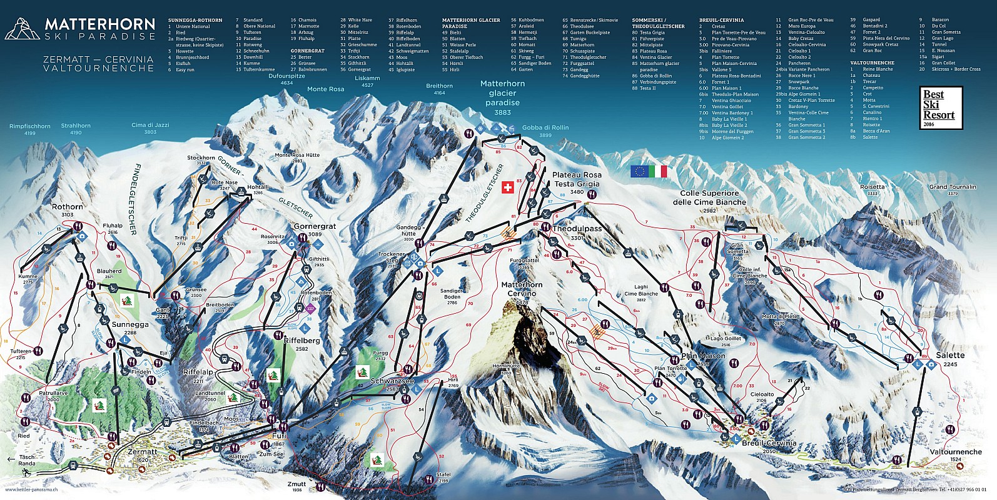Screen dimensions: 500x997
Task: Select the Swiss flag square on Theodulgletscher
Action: (x=507, y=187)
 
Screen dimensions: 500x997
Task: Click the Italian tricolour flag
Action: (x=659, y=171)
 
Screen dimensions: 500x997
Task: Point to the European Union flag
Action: (x=639, y=171)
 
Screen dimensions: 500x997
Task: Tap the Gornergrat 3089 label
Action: (x=315, y=229)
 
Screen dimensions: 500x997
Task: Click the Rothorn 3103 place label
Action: (x=67, y=210)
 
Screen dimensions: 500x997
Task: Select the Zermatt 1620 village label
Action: (x=142, y=454)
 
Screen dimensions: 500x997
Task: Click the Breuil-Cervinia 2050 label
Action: (x=769, y=446)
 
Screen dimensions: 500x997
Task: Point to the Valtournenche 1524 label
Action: (x=956, y=454)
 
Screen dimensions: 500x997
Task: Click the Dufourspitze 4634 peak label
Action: (x=286, y=79)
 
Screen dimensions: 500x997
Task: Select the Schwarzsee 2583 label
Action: (x=392, y=384)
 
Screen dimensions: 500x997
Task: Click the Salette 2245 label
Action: (x=950, y=359)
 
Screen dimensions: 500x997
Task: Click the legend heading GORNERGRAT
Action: (x=307, y=51)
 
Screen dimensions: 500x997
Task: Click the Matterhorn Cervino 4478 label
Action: (x=522, y=292)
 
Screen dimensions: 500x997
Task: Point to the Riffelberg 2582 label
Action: (x=301, y=344)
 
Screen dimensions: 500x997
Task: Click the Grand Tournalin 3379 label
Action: (x=952, y=189)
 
